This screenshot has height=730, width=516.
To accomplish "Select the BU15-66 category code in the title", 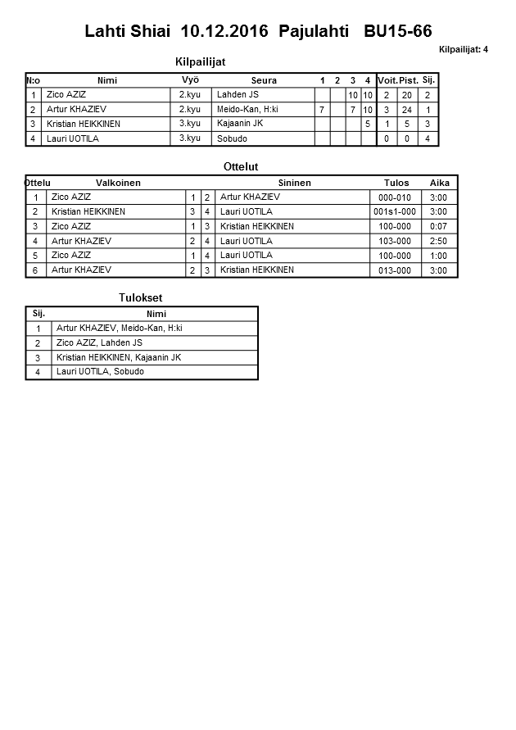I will (398, 32).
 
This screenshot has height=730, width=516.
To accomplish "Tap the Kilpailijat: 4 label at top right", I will (463, 49).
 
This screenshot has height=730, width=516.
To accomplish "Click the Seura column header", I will (264, 80).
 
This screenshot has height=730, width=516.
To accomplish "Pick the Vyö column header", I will (190, 79).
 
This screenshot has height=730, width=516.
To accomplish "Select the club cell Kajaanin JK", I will (240, 124).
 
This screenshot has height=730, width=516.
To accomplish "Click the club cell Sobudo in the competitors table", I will (232, 138).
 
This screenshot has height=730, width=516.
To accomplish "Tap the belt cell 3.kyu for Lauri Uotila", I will (190, 138).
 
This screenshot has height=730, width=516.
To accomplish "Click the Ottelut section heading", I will (241, 167).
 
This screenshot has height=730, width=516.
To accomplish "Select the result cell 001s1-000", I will (395, 212).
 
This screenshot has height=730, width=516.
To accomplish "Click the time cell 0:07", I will (438, 227).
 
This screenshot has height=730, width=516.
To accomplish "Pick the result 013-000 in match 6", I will (395, 270).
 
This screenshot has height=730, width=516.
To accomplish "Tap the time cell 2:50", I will (438, 242).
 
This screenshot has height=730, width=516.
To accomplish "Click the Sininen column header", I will (294, 183).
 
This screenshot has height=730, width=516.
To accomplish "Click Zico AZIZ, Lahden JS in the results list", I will (99, 342).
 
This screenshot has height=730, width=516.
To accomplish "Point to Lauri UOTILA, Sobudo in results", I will (100, 372).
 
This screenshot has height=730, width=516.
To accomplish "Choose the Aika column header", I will (439, 183).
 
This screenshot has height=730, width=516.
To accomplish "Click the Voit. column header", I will (387, 80).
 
